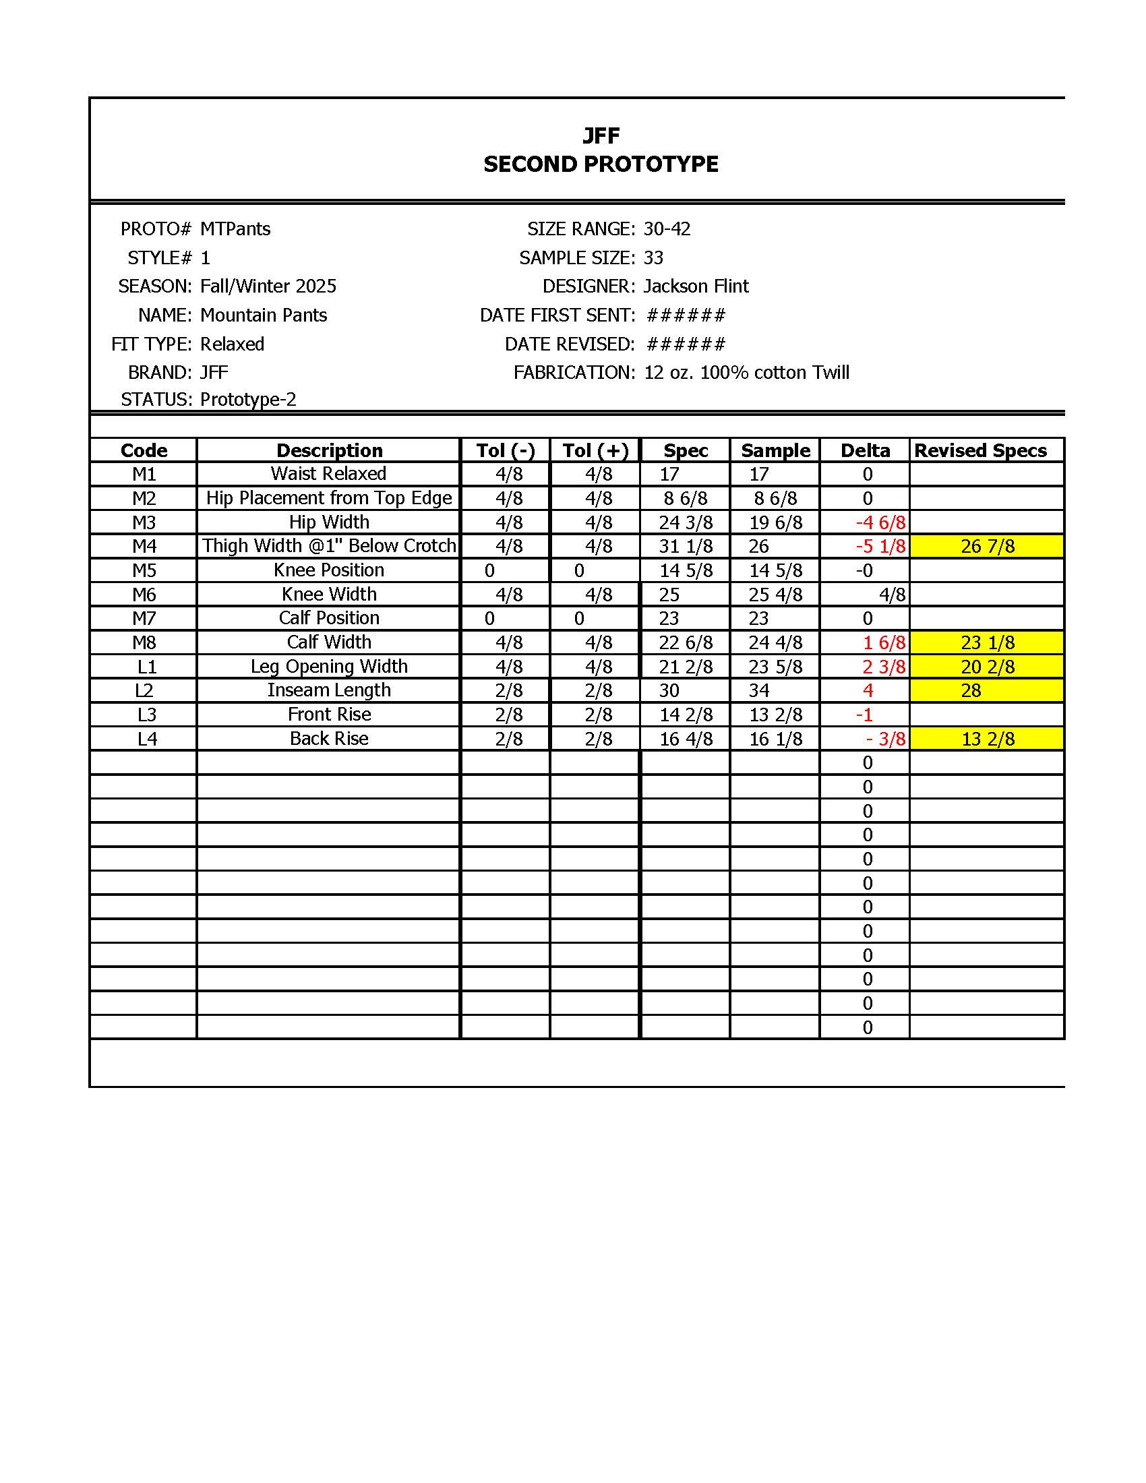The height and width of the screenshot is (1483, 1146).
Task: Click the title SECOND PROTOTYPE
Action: (600, 164)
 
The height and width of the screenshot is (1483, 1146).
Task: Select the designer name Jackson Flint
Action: (696, 286)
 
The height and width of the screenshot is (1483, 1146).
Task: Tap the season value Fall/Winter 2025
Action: (268, 286)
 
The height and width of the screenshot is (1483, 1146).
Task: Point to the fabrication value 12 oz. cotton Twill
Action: (746, 373)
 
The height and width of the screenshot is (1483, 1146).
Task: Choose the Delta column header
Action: (865, 451)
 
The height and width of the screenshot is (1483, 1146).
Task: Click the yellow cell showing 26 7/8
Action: (987, 547)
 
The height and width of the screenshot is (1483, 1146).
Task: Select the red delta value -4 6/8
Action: (880, 523)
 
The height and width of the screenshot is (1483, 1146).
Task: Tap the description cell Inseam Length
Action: (328, 690)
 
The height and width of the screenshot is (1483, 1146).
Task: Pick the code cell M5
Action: (144, 570)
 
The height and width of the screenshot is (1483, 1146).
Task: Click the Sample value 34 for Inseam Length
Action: (759, 691)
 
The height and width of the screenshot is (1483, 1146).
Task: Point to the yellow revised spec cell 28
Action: (971, 691)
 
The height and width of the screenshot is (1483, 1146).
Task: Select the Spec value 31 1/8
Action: (686, 547)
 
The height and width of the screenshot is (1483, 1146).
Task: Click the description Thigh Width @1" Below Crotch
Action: (329, 546)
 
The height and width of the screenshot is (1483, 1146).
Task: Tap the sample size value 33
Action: (653, 258)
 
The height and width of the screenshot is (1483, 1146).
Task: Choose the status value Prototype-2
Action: (248, 399)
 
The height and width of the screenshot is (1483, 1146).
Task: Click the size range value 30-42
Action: (667, 229)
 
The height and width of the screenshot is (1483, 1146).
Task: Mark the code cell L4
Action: (147, 739)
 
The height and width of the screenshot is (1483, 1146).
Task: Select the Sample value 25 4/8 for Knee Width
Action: (775, 595)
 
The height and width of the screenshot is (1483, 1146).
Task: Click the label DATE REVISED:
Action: (570, 344)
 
